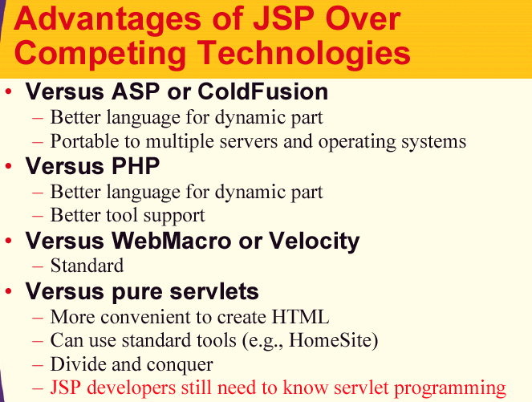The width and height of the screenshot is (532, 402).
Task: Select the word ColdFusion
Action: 262,91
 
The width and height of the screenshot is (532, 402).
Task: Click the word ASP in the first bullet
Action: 136,91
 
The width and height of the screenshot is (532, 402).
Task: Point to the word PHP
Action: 136,166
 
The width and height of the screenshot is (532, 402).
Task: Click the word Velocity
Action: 315,242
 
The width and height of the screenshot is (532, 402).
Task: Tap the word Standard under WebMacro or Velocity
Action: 87,266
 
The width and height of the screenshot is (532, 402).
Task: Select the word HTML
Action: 300,316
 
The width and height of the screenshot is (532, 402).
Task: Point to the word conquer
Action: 180,365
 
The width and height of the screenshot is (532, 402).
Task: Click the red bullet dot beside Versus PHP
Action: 9,166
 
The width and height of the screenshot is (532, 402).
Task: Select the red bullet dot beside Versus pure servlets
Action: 9,291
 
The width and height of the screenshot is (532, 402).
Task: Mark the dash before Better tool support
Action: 38,216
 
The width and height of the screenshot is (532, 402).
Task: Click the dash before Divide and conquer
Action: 38,365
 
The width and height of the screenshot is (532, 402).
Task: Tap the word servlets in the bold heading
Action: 213,291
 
